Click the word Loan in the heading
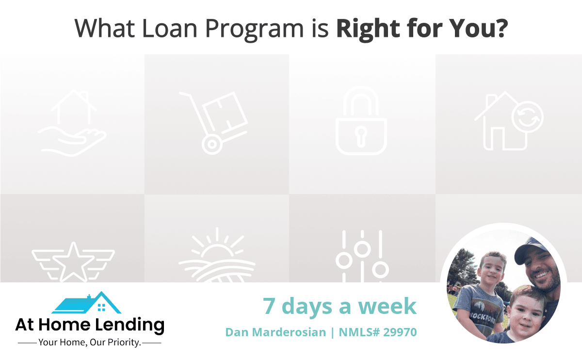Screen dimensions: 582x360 point(170,28)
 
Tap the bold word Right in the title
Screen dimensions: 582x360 point(369,29)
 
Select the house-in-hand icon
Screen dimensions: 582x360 point(72,122)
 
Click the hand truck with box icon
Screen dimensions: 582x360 point(213,123)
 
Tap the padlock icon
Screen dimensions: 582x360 point(361,121)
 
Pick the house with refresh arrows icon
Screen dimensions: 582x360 point(509,121)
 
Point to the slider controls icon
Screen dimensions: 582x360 point(362,256)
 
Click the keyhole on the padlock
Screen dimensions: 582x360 point(361,136)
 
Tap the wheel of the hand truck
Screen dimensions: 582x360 point(212,144)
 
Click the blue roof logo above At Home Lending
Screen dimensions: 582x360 point(86,303)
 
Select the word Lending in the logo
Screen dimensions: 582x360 point(129,325)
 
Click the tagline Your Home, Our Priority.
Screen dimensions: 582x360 point(90,343)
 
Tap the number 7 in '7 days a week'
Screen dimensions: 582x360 point(269,306)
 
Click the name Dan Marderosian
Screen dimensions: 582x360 point(275,332)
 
